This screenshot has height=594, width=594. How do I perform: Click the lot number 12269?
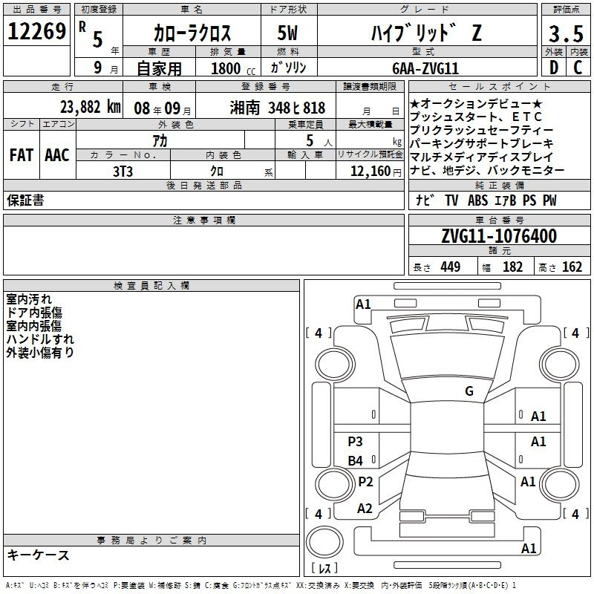(36, 31)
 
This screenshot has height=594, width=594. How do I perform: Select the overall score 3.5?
(566, 33)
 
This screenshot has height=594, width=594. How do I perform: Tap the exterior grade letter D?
(553, 68)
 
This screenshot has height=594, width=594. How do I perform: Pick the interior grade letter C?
(578, 68)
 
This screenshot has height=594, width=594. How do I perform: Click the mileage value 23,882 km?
(90, 107)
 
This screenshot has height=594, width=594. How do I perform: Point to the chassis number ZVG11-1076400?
(499, 236)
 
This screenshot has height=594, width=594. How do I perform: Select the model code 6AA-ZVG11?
(425, 68)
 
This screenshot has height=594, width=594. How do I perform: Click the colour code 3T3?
(123, 172)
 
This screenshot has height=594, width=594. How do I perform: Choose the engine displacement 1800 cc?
(233, 68)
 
